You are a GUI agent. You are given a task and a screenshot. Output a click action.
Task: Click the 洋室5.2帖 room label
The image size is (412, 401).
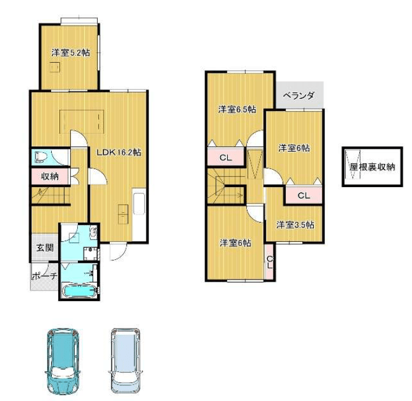(x=70, y=53)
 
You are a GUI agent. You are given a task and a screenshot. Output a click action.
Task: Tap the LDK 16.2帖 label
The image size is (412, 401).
(x=119, y=152)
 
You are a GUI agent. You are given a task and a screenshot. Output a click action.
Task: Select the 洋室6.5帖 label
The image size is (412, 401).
(x=237, y=109)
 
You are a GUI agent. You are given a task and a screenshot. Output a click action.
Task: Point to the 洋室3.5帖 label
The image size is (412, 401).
(x=295, y=225)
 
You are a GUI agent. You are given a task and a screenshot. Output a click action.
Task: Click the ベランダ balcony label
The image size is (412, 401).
(x=299, y=95)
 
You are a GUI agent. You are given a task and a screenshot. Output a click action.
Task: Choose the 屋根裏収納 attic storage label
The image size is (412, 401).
(x=372, y=167)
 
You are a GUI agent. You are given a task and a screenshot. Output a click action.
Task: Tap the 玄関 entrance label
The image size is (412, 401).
(x=45, y=248)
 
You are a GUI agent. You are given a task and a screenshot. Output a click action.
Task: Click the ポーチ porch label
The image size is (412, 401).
(x=44, y=276)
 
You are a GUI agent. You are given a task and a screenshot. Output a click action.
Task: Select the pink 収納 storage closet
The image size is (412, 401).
(x=50, y=176)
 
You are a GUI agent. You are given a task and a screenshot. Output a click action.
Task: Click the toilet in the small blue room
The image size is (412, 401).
(x=41, y=157)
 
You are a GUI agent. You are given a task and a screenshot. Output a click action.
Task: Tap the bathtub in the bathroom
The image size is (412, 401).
(x=80, y=291)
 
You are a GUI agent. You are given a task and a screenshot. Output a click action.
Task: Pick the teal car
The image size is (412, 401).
(x=63, y=360)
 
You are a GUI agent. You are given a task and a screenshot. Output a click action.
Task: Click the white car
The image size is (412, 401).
(x=126, y=360)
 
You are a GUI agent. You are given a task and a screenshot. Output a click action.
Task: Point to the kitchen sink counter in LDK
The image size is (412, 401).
(x=139, y=204)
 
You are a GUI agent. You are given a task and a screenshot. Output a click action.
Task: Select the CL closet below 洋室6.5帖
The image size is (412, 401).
(x=225, y=157)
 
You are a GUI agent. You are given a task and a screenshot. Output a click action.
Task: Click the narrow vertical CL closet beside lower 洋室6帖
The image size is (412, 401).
(x=269, y=262)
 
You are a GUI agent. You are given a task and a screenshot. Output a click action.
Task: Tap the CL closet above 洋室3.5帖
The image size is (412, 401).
(x=304, y=195)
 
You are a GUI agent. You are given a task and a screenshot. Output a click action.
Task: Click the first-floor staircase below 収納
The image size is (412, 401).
(x=51, y=195)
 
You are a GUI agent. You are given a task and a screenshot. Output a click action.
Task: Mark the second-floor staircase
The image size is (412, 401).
(x=226, y=186)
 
